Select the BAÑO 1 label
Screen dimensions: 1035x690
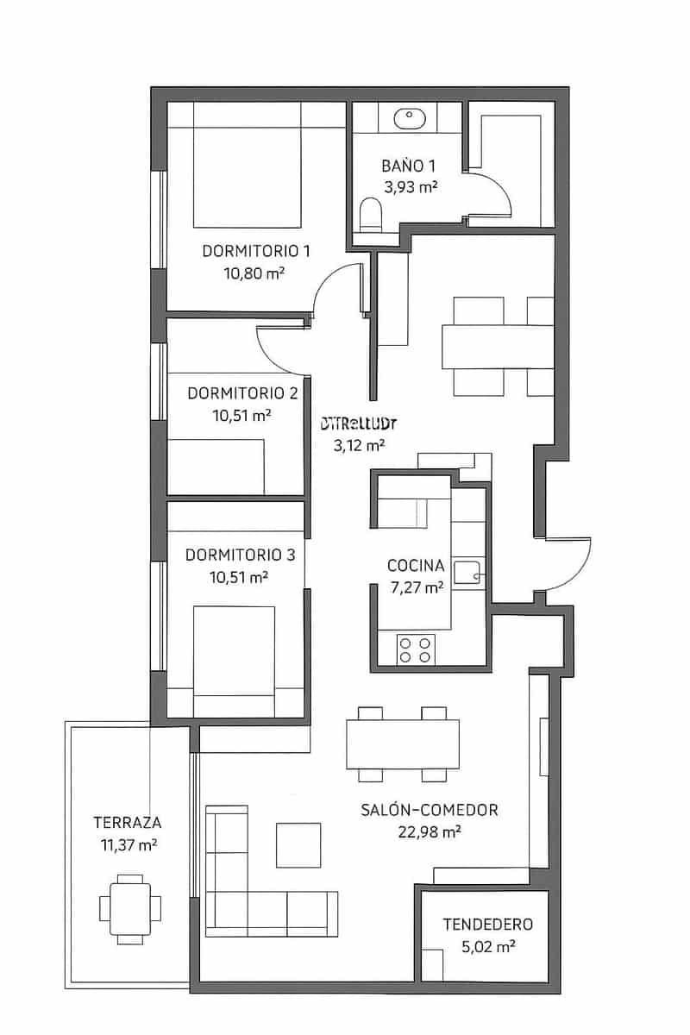[x=409, y=166]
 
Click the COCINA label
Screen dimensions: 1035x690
[x=416, y=566]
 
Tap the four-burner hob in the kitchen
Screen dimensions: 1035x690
[x=415, y=649]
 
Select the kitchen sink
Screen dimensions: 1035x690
[x=470, y=569]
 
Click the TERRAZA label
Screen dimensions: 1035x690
[x=129, y=822]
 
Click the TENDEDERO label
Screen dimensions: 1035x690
[x=487, y=925]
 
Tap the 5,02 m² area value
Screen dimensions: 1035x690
[x=487, y=946]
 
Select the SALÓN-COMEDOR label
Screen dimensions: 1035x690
[x=430, y=810]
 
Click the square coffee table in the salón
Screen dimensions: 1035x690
[x=298, y=844]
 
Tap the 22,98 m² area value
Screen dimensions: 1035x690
[x=430, y=831]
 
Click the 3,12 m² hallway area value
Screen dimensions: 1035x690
[x=358, y=446]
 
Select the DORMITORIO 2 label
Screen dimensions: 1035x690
[x=242, y=393]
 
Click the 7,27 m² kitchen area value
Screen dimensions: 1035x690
[x=416, y=587]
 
